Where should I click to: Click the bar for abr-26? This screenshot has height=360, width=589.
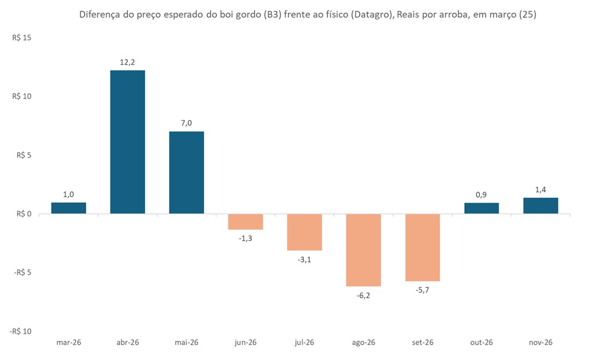[x=127, y=142]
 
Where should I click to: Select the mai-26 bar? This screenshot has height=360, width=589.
[x=187, y=172]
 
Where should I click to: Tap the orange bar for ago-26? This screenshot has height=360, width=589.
[x=363, y=250]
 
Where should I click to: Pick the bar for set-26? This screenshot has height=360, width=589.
[x=422, y=247]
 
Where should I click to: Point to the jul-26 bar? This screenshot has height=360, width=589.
[x=305, y=232]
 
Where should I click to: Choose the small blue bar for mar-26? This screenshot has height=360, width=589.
[x=68, y=208]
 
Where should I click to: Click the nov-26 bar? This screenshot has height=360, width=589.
[x=540, y=205]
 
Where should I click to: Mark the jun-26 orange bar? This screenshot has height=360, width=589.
[x=246, y=221]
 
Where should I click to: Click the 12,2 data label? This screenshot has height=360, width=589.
[x=127, y=62]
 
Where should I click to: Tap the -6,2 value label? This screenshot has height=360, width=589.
[x=363, y=295]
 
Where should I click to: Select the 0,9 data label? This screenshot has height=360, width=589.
[x=481, y=194]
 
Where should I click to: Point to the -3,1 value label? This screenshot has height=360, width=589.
[x=305, y=260]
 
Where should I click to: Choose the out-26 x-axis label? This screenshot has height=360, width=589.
[x=481, y=342]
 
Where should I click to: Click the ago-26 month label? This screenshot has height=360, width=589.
[x=363, y=342]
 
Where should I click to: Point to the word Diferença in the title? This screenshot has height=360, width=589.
[x=99, y=15]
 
